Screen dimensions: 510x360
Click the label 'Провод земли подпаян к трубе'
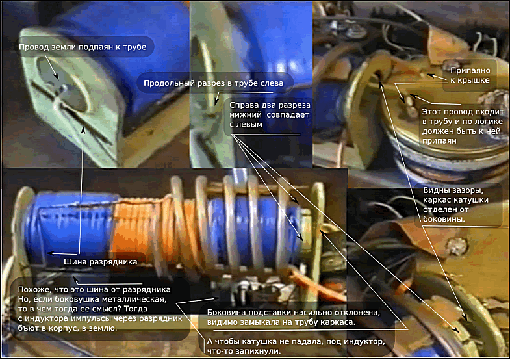coord(83,47)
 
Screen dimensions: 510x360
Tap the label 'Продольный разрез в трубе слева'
coord(213,83)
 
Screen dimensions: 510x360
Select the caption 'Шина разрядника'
coord(100,262)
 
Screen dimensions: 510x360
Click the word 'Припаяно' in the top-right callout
coord(470,71)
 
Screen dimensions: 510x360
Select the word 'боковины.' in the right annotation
coord(444,219)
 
